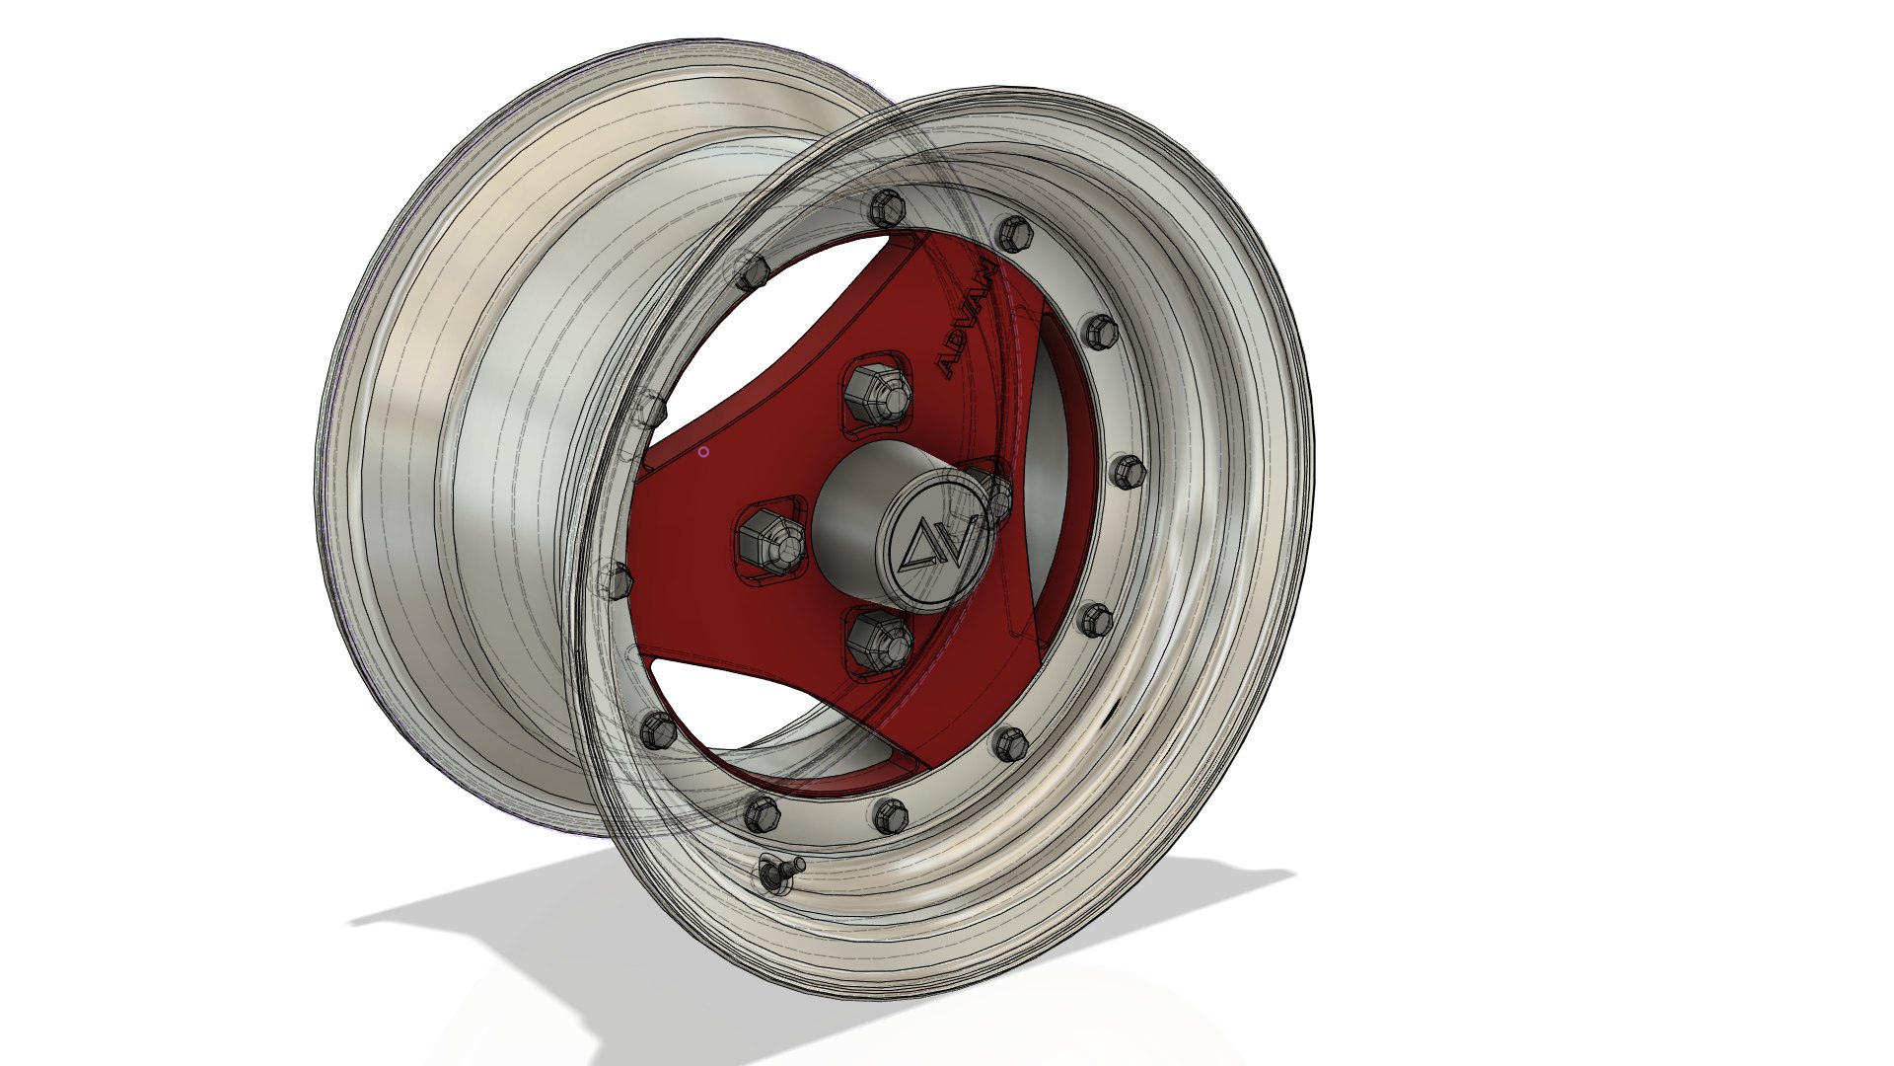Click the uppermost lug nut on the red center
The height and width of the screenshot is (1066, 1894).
point(878,391)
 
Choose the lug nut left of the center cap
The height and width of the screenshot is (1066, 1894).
point(768,539)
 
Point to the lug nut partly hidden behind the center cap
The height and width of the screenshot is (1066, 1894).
point(996,497)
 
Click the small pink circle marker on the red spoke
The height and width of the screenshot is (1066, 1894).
point(703,452)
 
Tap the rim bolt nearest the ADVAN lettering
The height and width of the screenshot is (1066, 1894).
point(1013,235)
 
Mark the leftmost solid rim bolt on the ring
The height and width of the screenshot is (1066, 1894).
point(657,731)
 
